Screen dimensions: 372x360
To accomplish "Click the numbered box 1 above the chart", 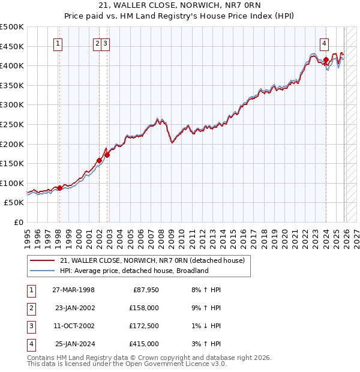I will [x=59, y=43].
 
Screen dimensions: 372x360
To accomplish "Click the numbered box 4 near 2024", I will [x=324, y=43].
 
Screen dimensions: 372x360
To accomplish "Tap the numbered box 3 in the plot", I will [x=105, y=43].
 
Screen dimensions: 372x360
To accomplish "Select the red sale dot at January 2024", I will [x=326, y=60].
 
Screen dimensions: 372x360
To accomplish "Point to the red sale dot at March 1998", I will [x=59, y=188].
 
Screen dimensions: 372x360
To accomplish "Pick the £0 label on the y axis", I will [x=19, y=222].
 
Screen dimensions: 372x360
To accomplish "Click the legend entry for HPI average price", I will [x=133, y=271].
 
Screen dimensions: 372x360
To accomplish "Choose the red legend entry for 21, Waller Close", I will [x=152, y=260].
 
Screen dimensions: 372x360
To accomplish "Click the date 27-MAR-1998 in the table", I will [x=73, y=290].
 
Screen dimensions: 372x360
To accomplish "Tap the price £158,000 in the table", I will [x=144, y=308].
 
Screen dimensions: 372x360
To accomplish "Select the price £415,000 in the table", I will [x=144, y=344].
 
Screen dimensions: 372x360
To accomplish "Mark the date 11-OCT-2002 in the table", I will [x=73, y=326].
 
